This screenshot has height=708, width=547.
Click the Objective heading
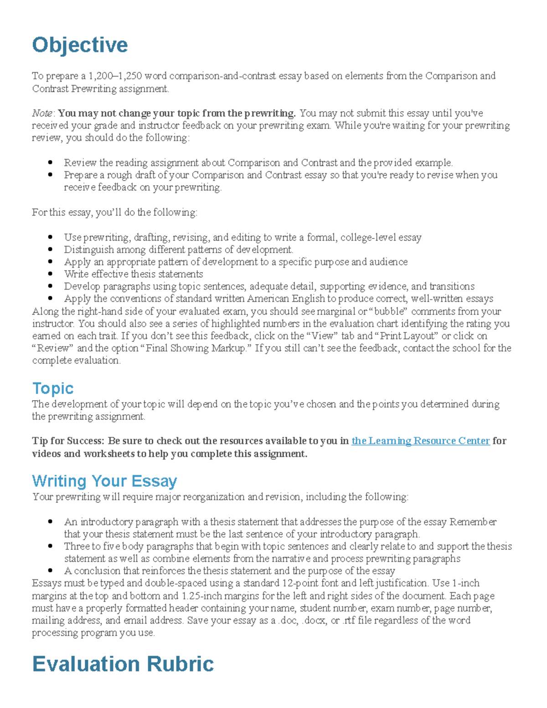(x=80, y=45)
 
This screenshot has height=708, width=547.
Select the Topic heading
(x=53, y=388)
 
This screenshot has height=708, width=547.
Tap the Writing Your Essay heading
(x=104, y=481)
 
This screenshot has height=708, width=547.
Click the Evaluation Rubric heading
(x=123, y=664)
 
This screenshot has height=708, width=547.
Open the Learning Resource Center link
(x=420, y=441)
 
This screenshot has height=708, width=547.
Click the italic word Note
(x=42, y=113)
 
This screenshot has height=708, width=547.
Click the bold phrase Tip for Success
(x=68, y=441)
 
